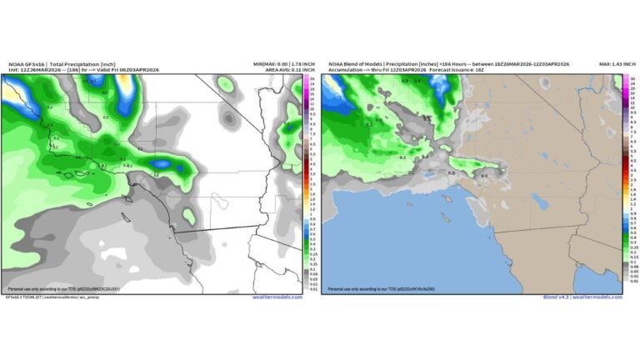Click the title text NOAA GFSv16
point(27,64)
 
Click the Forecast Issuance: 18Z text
point(462,70)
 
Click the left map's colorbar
point(310,182)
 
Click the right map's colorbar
point(627,182)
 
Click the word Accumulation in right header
point(346,70)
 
